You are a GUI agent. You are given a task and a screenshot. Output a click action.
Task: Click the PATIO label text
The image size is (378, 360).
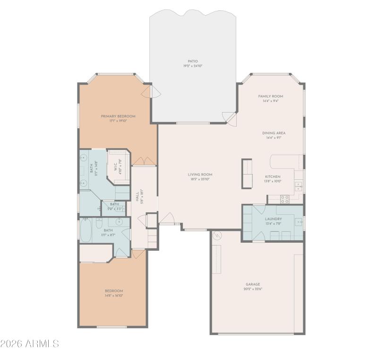coord(192,61)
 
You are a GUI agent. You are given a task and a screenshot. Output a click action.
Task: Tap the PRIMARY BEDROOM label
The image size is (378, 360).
coord(118,116)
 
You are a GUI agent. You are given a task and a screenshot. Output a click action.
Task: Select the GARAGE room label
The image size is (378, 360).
coord(252,284)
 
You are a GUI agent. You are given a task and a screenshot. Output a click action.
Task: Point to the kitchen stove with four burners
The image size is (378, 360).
coord(284,199)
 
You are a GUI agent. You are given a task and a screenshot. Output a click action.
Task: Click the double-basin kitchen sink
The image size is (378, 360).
coord(299,187)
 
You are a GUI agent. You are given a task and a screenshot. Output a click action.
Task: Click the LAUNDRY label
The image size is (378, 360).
coord(273,219)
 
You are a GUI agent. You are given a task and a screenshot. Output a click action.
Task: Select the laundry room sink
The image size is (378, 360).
coord(299,221)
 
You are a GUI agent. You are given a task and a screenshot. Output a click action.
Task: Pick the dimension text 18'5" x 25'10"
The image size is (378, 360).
coord(200,179)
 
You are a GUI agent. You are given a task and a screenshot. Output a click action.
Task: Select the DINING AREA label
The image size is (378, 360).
coord(274,133)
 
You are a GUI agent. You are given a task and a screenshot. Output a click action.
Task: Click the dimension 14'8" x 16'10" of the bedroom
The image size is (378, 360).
coord(114,295)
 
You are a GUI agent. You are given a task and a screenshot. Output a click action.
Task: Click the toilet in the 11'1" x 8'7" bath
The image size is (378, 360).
coord(100,222)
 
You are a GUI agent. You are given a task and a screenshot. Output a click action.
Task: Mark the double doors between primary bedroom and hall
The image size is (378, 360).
coord(144,162)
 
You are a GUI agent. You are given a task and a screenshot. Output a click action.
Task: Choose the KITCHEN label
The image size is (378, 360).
coord(273,176)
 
